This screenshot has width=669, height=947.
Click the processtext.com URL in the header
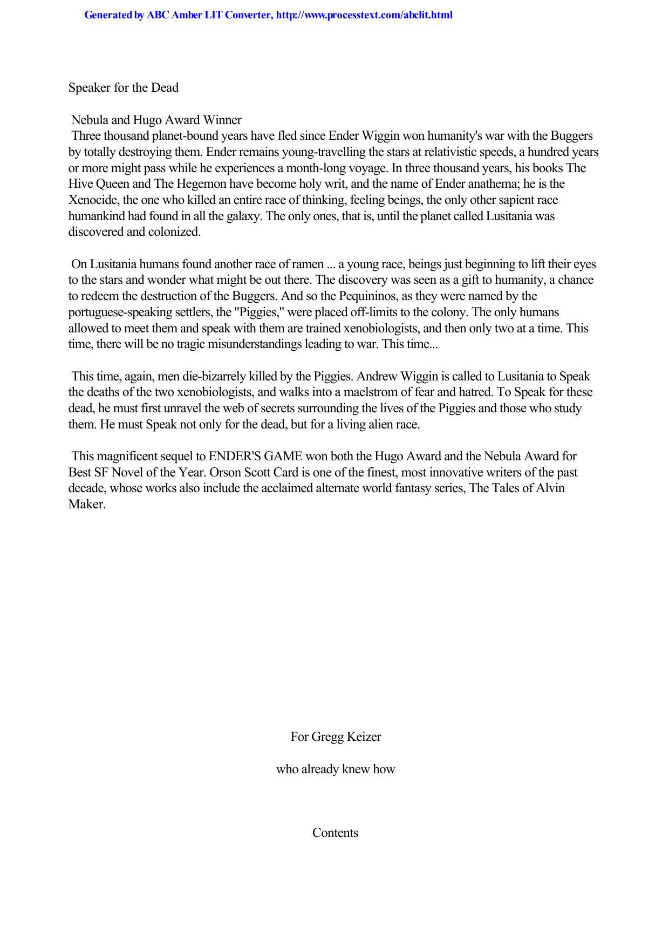(x=364, y=15)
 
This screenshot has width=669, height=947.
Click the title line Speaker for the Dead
(x=124, y=87)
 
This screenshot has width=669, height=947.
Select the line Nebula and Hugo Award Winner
(x=156, y=120)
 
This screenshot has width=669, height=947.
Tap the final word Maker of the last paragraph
(x=86, y=505)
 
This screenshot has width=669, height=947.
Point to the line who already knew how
(x=336, y=769)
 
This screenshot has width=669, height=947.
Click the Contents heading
(x=335, y=833)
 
